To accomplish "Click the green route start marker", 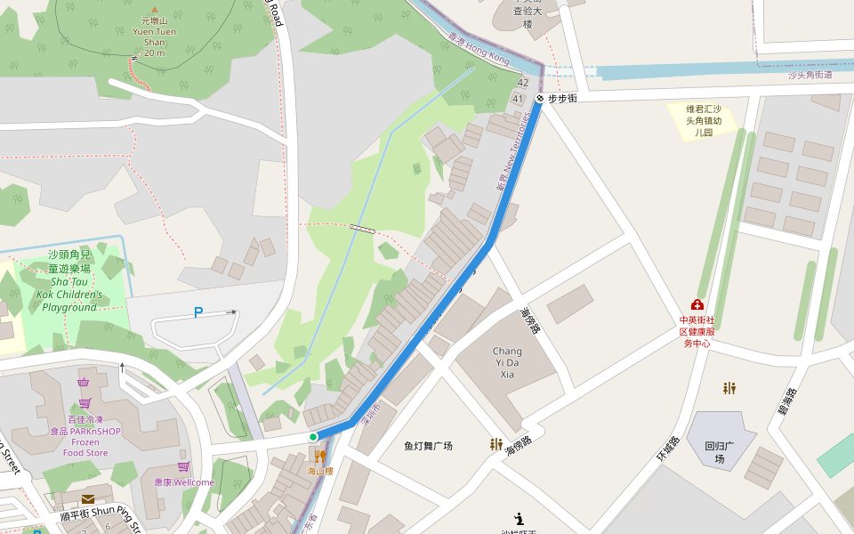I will [x=313, y=437].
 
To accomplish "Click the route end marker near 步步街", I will [x=540, y=99].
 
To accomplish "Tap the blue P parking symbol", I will [x=198, y=312].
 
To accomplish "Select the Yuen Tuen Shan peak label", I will [x=154, y=36].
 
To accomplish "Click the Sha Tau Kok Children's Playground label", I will [x=69, y=280].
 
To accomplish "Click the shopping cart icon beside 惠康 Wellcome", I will [x=183, y=466].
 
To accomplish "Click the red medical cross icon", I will [x=697, y=305].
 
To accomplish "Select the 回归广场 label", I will [x=720, y=453].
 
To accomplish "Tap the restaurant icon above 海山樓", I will [x=319, y=457].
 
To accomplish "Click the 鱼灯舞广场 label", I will [x=428, y=446].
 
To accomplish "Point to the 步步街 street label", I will [x=562, y=99].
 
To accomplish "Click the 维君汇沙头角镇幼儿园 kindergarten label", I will [x=704, y=120].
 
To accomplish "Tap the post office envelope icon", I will [x=88, y=499].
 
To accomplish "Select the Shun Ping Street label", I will [x=98, y=516].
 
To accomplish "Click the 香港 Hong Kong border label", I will [x=479, y=50].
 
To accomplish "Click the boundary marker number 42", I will [x=522, y=83].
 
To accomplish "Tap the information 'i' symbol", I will [x=519, y=518].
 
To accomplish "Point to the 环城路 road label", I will [x=668, y=448].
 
